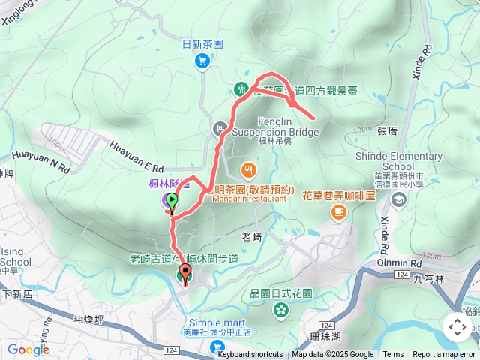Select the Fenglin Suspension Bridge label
click(x=275, y=127)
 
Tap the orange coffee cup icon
click(x=339, y=213)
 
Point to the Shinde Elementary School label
click(x=401, y=161)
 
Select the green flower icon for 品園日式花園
click(x=282, y=308)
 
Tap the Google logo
click(x=28, y=349)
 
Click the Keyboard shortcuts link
click(x=250, y=355)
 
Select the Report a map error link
click(x=444, y=355)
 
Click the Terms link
click(x=393, y=355)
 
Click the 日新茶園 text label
click(x=202, y=44)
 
